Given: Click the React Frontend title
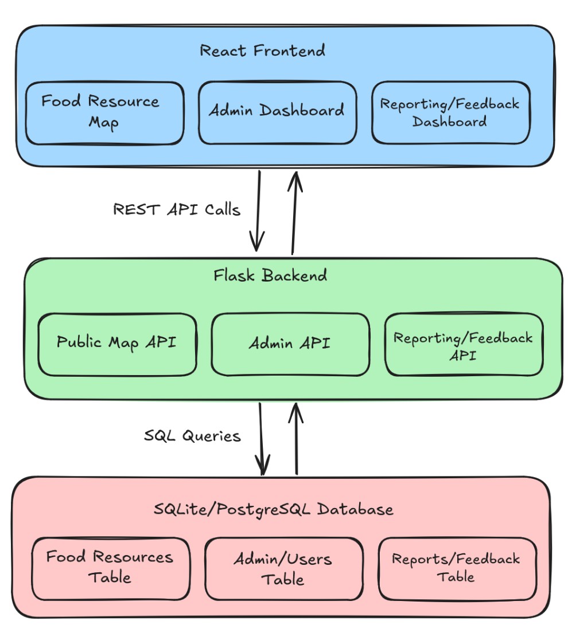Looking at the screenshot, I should click(262, 50).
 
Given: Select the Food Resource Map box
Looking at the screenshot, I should click(104, 113).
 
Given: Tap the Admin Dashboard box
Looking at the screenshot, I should click(277, 112).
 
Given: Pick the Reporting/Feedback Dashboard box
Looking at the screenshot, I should click(450, 113).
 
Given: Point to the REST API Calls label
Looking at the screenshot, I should click(177, 210).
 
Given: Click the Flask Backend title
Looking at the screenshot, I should click(270, 275).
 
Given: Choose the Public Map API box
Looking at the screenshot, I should click(117, 344).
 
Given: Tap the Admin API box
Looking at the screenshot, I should click(290, 344).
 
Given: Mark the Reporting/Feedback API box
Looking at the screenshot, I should click(464, 345).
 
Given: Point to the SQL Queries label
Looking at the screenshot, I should click(192, 436).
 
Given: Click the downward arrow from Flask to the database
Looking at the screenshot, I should click(262, 438).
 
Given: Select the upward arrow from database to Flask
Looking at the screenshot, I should click(297, 438).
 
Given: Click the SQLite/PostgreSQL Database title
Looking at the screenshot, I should click(274, 509).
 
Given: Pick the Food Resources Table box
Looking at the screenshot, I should click(110, 568).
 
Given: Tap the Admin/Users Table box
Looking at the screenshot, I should click(283, 569).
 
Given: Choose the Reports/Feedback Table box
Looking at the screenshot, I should click(457, 568).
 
